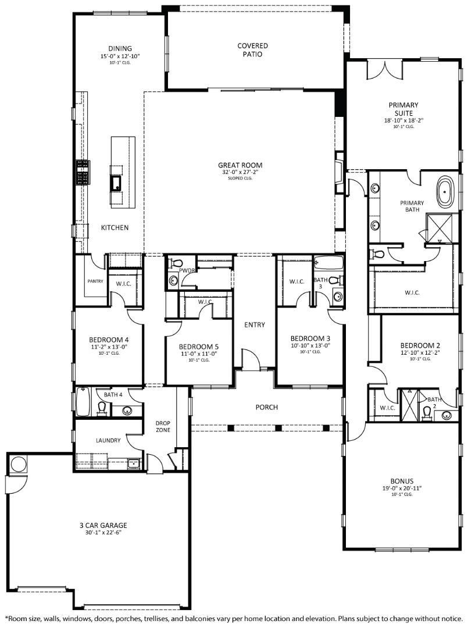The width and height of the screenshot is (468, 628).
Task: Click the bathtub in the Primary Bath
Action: [446, 193]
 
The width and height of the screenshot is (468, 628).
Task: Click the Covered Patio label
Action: [252, 49]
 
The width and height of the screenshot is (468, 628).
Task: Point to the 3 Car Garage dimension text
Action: [103, 533]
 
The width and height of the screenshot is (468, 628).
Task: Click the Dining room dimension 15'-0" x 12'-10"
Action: [120, 56]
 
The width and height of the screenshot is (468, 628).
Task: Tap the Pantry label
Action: [95, 281]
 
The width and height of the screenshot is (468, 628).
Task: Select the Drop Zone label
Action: [162, 427]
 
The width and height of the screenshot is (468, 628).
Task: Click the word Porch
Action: [266, 407]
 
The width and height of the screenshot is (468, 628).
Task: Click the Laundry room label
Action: [109, 440]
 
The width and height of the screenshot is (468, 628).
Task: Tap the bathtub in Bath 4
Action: [83, 402]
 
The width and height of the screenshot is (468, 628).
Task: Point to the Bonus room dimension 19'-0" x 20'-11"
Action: [402, 488]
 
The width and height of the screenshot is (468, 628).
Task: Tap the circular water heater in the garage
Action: [19, 465]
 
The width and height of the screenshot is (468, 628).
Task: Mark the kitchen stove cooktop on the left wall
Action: [81, 173]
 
